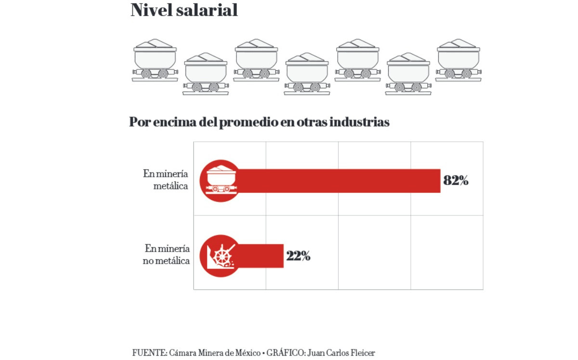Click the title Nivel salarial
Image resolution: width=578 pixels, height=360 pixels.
coord(184,11)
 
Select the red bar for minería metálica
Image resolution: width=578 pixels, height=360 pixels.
coord(337,181)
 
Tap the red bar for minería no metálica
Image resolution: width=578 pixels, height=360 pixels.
coord(260,255)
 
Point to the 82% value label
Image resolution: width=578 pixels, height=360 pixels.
coord(456,181)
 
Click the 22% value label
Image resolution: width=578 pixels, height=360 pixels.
coord(298,256)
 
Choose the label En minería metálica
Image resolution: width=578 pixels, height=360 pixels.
coord(166,180)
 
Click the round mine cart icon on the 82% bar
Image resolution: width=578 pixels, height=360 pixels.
coord(221,181)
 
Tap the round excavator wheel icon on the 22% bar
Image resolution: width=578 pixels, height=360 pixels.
coord(221,255)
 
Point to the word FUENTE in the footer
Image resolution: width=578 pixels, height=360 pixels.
coord(149,352)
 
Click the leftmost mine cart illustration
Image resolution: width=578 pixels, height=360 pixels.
coord(155,61)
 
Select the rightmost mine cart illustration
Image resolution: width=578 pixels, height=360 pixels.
coord(458,61)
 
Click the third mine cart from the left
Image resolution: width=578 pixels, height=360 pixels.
coord(256,61)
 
